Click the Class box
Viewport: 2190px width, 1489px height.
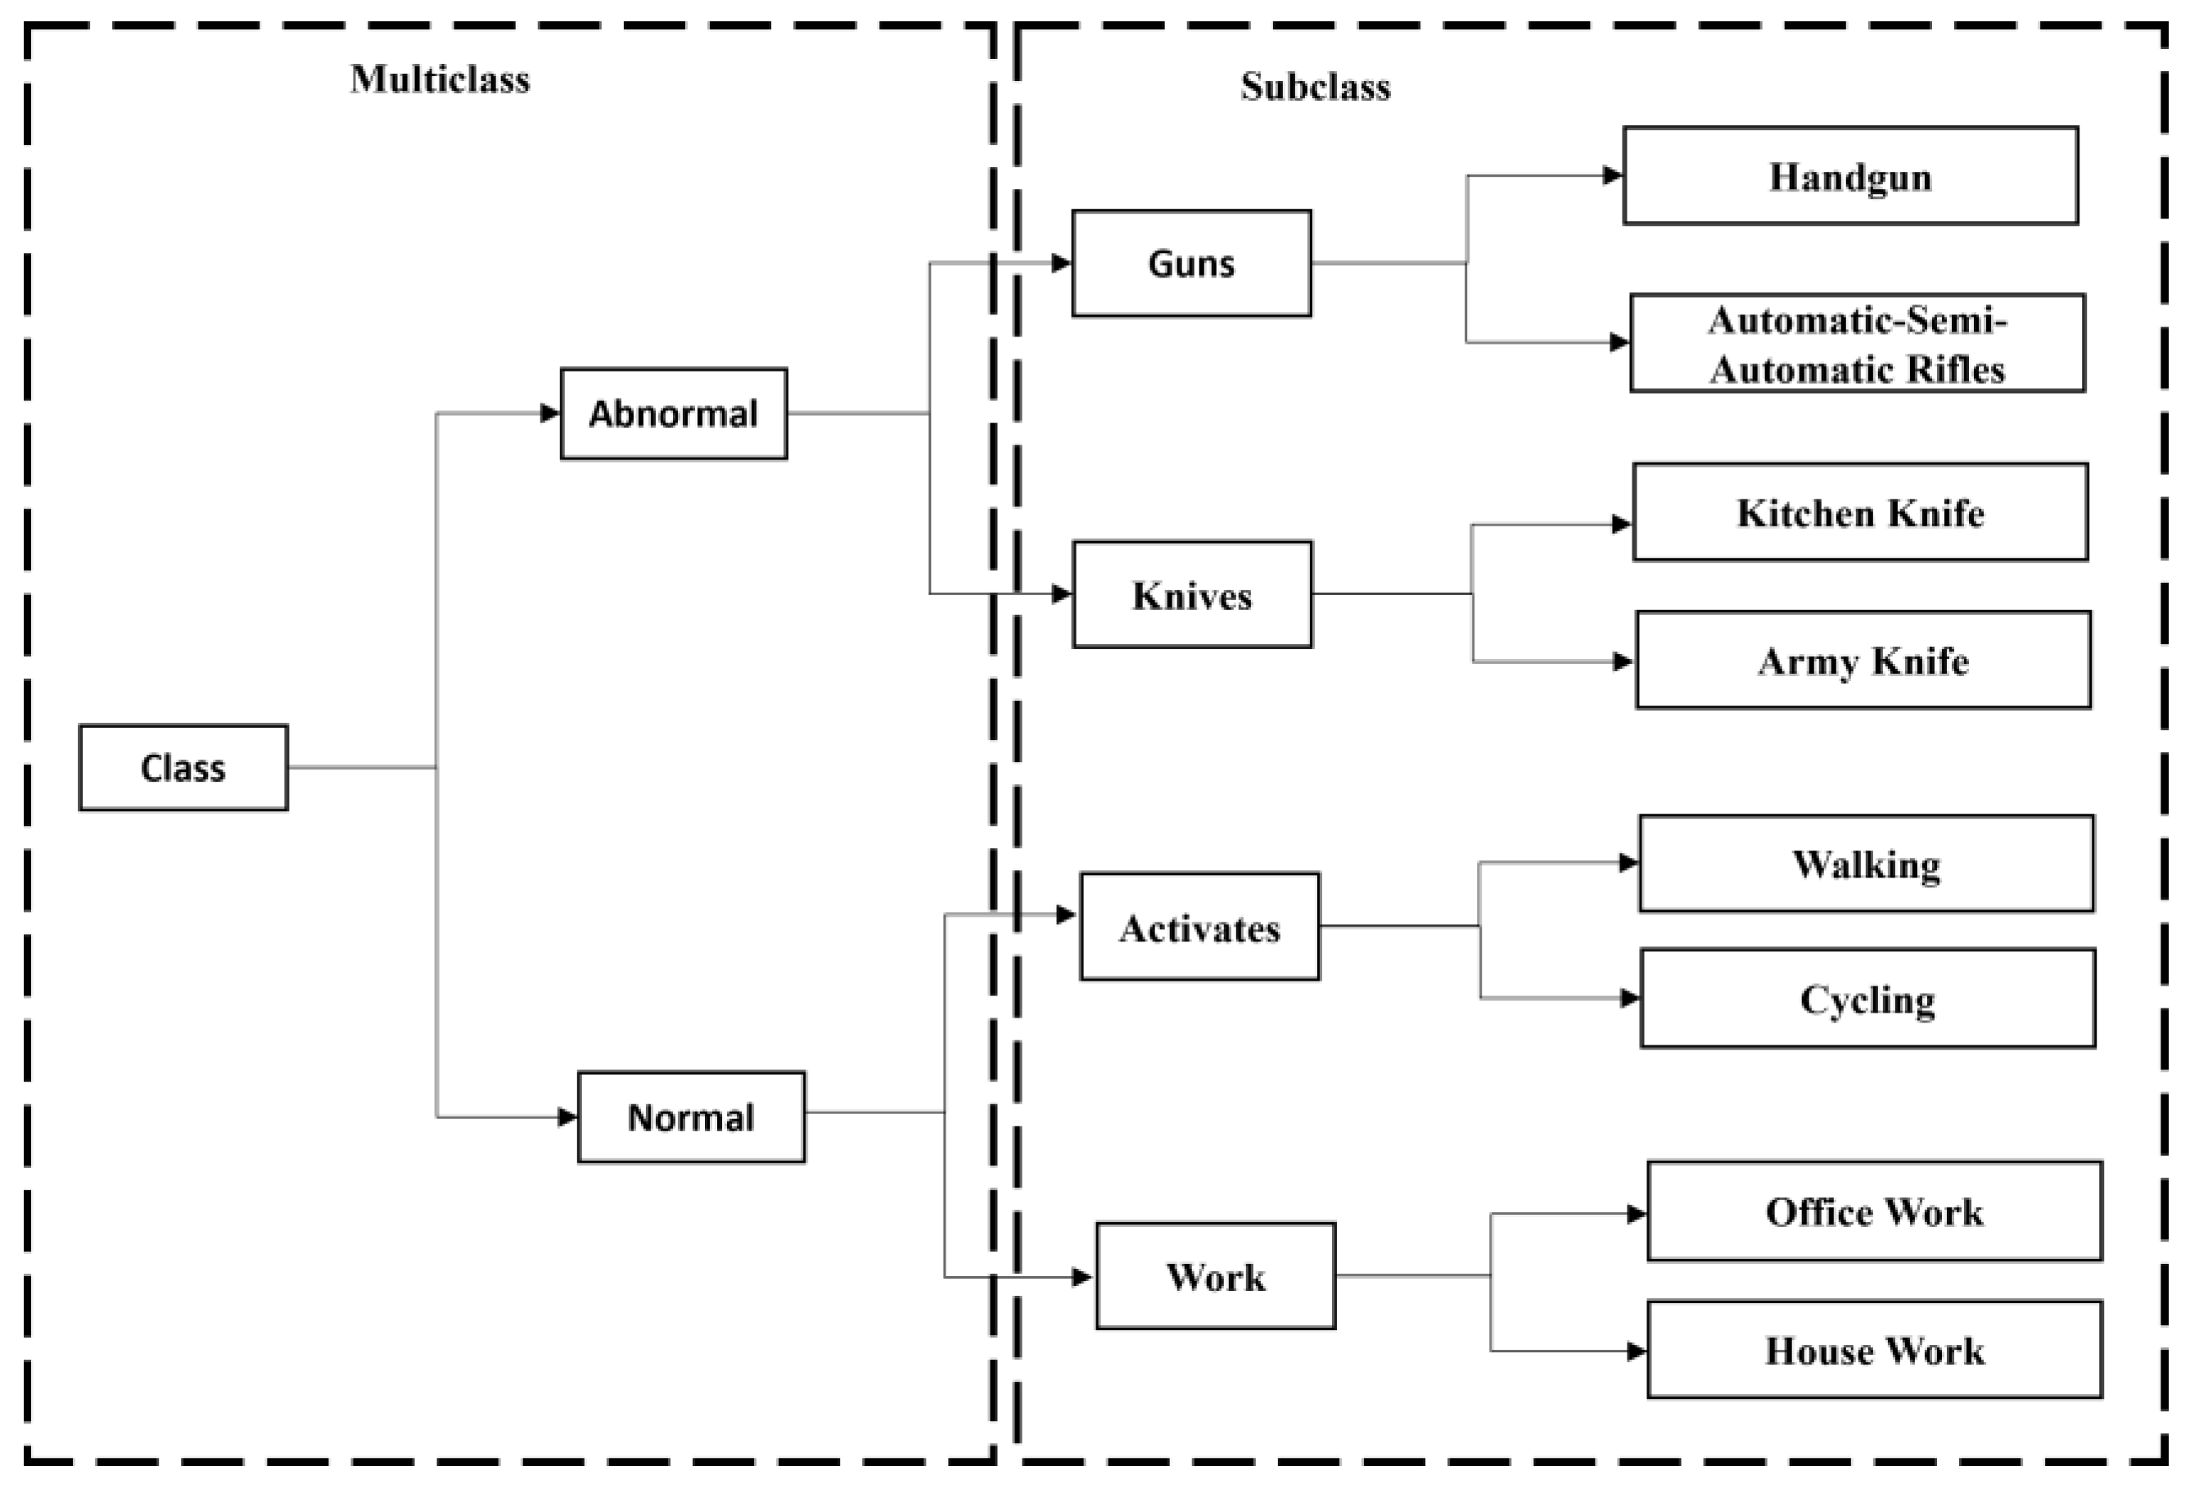pyautogui.click(x=183, y=767)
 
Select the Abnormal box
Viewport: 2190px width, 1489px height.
pyautogui.click(x=673, y=413)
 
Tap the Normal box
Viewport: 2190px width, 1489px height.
pyautogui.click(x=691, y=1117)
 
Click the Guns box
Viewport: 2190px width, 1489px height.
pyautogui.click(x=1190, y=263)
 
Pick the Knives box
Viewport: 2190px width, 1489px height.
pyautogui.click(x=1191, y=594)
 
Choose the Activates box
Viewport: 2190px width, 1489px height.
pyautogui.click(x=1199, y=927)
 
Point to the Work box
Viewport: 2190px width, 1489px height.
pyautogui.click(x=1215, y=1276)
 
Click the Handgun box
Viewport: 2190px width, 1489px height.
pyautogui.click(x=1849, y=176)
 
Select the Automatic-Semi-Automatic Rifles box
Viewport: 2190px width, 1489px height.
pyautogui.click(x=1857, y=343)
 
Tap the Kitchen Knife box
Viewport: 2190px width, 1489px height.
pyautogui.click(x=1859, y=512)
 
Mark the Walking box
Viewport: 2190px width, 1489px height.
pyautogui.click(x=1866, y=864)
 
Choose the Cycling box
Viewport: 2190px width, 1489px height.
pyautogui.click(x=1867, y=999)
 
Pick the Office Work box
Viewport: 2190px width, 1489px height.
pyautogui.click(x=1873, y=1211)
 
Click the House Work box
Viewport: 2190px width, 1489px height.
pyautogui.click(x=1873, y=1351)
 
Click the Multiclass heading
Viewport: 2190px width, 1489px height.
pyautogui.click(x=440, y=79)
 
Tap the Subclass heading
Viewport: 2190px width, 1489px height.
pyautogui.click(x=1315, y=87)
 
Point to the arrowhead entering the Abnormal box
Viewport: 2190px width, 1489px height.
pyautogui.click(x=550, y=413)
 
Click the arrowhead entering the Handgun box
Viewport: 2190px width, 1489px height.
pyautogui.click(x=1612, y=175)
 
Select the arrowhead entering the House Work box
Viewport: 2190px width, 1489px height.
pyautogui.click(x=1637, y=1351)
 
